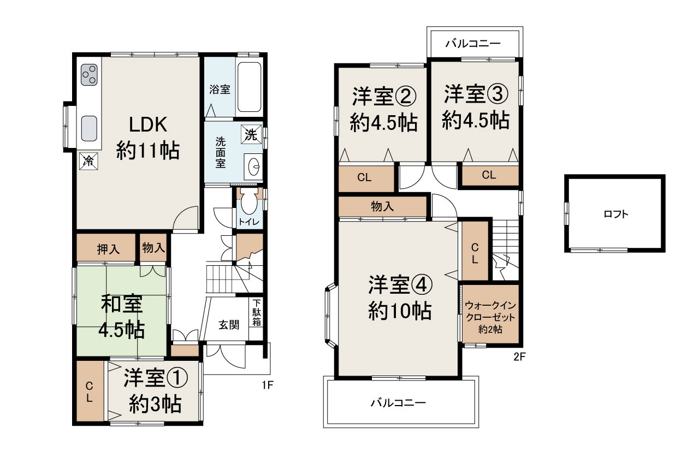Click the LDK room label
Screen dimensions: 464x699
click(147, 125)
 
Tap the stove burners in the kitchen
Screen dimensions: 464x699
click(90, 75)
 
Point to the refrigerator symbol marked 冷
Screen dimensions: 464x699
click(88, 161)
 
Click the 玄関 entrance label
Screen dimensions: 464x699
click(229, 324)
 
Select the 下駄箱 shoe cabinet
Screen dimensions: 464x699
click(256, 312)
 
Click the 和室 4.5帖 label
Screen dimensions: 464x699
click(121, 317)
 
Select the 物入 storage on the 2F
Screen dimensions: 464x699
click(382, 206)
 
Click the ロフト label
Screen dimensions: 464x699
click(615, 215)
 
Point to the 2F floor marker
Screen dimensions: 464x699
click(519, 358)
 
